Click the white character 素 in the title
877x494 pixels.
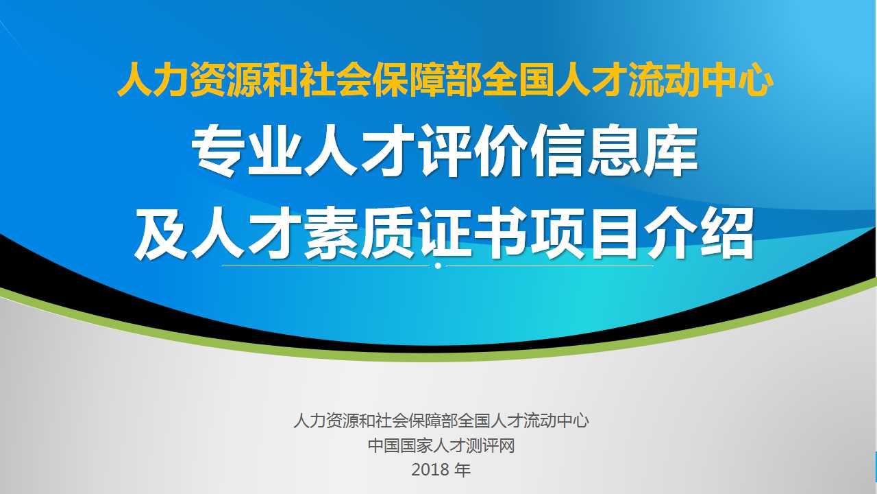(x=331, y=234)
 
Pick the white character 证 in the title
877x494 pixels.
(x=445, y=234)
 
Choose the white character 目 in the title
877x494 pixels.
(x=615, y=234)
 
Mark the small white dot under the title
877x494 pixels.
(x=438, y=266)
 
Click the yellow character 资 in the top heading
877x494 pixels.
(x=208, y=80)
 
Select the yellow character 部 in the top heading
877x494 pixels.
(x=464, y=80)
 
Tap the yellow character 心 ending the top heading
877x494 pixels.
(x=756, y=80)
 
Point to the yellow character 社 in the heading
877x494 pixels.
(x=317, y=80)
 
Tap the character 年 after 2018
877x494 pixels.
(x=463, y=470)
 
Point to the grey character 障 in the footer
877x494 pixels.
(x=432, y=421)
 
